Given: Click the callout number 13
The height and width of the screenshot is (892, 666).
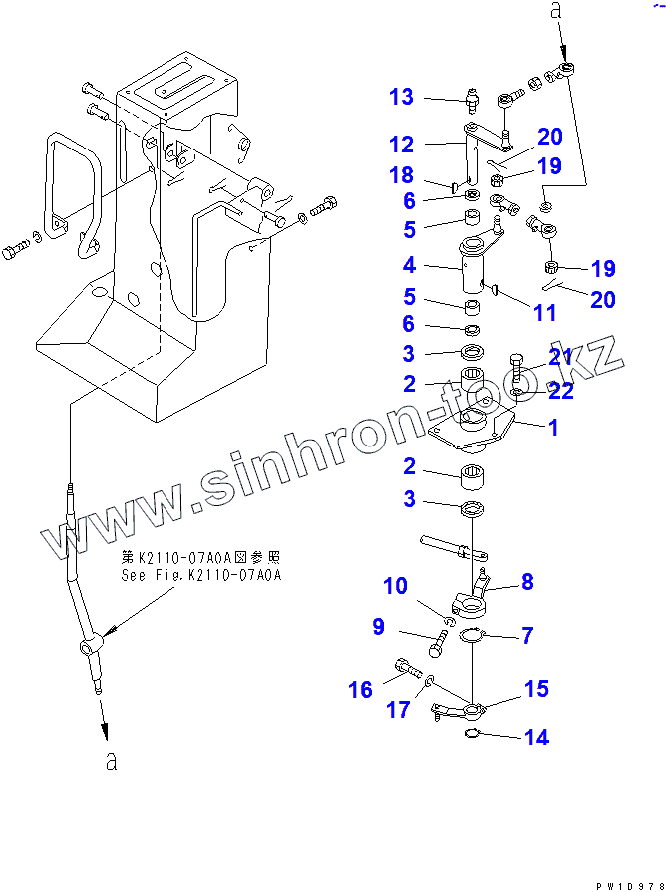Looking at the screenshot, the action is pyautogui.click(x=401, y=97).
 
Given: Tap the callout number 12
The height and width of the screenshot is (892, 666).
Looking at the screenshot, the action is pyautogui.click(x=401, y=144).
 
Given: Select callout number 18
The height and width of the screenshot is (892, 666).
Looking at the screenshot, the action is pyautogui.click(x=401, y=176).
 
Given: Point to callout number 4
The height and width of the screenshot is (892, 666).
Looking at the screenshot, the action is pyautogui.click(x=409, y=266).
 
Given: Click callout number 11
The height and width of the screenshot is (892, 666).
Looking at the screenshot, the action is pyautogui.click(x=544, y=313).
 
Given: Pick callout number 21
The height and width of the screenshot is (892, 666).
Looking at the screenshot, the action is pyautogui.click(x=560, y=358).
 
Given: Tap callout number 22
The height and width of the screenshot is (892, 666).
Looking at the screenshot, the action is pyautogui.click(x=560, y=392).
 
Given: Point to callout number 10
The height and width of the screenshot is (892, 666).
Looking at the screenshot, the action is pyautogui.click(x=396, y=585).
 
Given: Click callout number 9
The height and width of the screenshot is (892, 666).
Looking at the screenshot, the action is pyautogui.click(x=379, y=627).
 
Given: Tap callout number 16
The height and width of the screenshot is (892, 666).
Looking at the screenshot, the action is pyautogui.click(x=360, y=689).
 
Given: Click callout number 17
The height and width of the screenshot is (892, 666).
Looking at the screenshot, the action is pyautogui.click(x=398, y=710).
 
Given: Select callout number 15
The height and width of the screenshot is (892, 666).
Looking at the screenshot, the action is pyautogui.click(x=536, y=689).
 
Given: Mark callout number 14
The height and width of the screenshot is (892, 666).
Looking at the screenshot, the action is pyautogui.click(x=536, y=738).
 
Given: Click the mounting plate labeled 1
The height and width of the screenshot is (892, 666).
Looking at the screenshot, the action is pyautogui.click(x=479, y=429).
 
